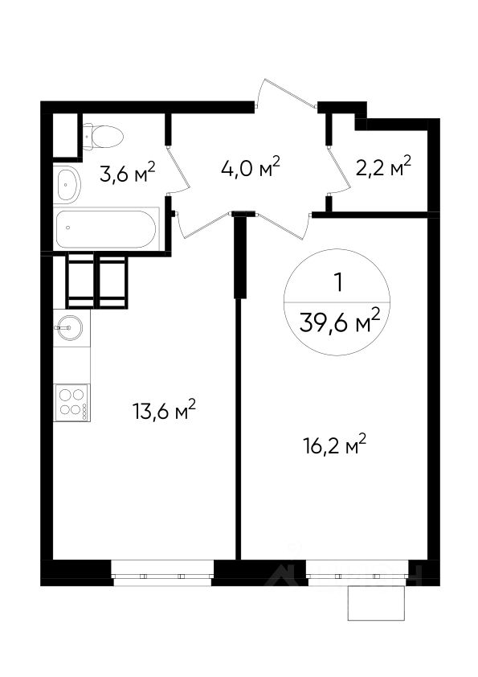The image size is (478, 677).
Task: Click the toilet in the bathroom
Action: click(x=103, y=137)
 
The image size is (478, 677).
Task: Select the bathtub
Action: click(x=106, y=229)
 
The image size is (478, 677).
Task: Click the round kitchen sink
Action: click(x=68, y=328)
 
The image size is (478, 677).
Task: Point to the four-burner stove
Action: click(x=71, y=402)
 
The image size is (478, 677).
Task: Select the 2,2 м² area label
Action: click(x=383, y=167)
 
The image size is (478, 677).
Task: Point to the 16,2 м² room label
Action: click(x=335, y=445)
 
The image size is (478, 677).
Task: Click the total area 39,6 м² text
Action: click(x=340, y=322)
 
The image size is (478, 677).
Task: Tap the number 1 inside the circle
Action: click(x=339, y=283)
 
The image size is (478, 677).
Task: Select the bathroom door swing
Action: click(x=179, y=169)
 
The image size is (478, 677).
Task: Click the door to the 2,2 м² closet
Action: click(x=339, y=170)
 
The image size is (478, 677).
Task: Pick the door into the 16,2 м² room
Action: click(x=283, y=226)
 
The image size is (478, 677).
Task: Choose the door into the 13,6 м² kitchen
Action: click(x=202, y=225)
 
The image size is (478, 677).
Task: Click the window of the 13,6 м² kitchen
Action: click(x=162, y=573)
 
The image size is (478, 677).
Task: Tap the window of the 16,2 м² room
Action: click(x=357, y=573)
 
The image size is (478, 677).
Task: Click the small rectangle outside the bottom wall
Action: click(x=377, y=603)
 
